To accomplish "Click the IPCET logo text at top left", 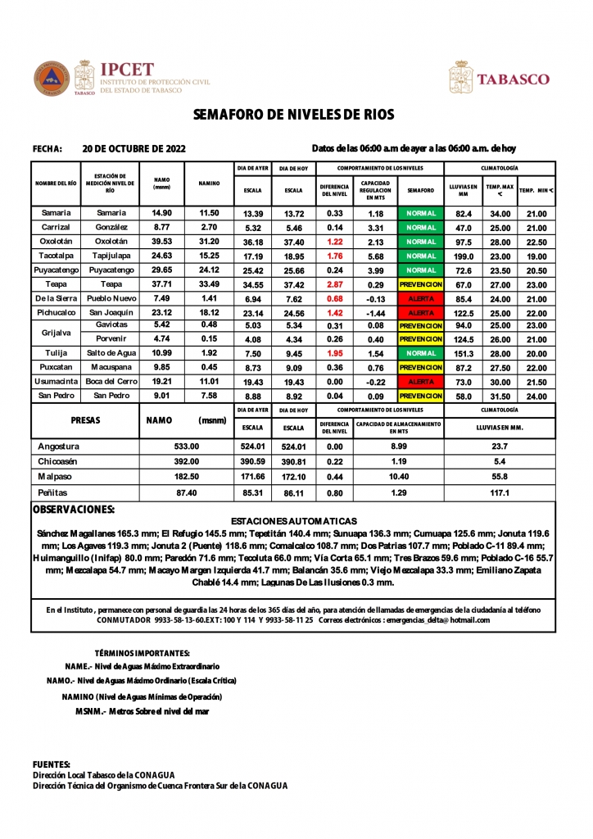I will pyautogui.click(x=126, y=70).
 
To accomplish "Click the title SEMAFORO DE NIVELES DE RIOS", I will pyautogui.click(x=293, y=115).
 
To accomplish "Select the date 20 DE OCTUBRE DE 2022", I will pyautogui.click(x=134, y=149).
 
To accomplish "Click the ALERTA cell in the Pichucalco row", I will pyautogui.click(x=420, y=312).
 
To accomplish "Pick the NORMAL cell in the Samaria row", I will pyautogui.click(x=420, y=213).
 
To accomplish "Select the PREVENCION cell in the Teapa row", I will pyautogui.click(x=420, y=283).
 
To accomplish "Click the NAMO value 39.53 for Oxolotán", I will pyautogui.click(x=161, y=242).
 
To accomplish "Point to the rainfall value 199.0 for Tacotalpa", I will pyautogui.click(x=464, y=256).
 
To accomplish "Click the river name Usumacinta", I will pyautogui.click(x=56, y=383).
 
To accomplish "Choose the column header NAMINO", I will pyautogui.click(x=209, y=184).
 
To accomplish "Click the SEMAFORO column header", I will pyautogui.click(x=420, y=190).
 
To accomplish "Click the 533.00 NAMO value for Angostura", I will pyautogui.click(x=187, y=447).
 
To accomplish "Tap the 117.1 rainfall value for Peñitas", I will pyautogui.click(x=500, y=493).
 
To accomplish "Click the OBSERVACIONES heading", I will pyautogui.click(x=73, y=509).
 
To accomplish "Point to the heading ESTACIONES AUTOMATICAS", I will pyautogui.click(x=294, y=521).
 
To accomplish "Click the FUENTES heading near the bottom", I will pyautogui.click(x=51, y=764).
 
